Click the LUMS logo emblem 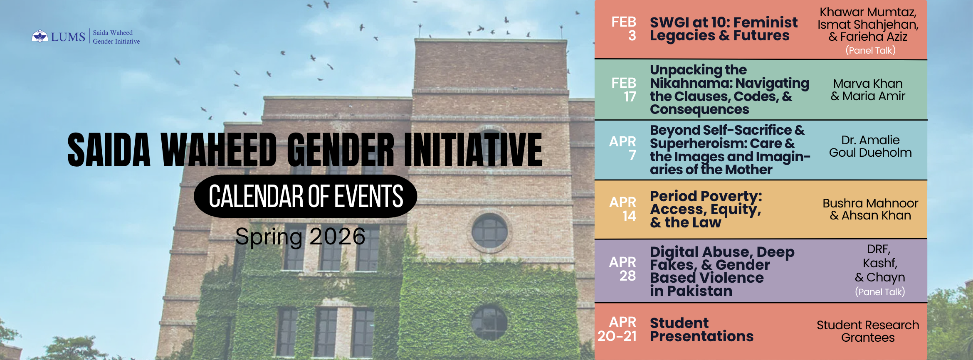(40, 36)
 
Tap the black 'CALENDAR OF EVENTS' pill (306, 196)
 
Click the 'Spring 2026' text (300, 237)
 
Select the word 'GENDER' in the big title (340, 150)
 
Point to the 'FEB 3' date (624, 29)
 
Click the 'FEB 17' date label (624, 90)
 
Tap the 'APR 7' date (623, 148)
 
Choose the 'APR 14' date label (623, 209)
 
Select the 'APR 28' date (623, 269)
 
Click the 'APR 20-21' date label (617, 329)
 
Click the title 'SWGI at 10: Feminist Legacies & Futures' (724, 29)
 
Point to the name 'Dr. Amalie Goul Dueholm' (870, 146)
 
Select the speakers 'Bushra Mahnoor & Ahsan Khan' (870, 209)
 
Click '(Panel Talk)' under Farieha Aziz (871, 50)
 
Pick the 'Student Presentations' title (701, 329)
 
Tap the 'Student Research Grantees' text (868, 331)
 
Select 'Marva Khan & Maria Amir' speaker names (868, 90)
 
